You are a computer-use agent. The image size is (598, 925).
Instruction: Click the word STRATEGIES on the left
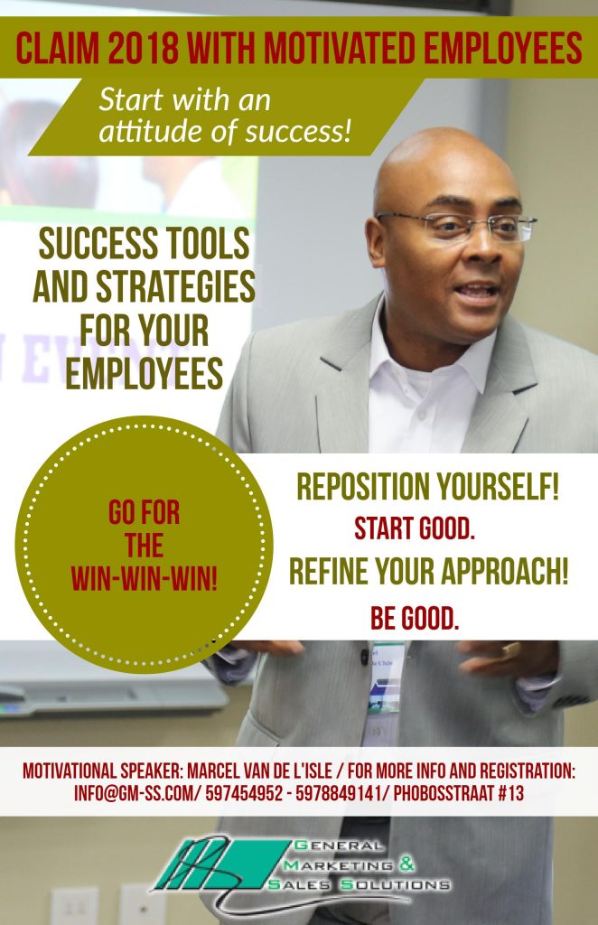coord(175,286)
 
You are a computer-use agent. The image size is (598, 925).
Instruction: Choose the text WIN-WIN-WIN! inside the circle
coord(145,578)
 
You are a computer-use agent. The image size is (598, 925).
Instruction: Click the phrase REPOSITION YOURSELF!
coord(427,487)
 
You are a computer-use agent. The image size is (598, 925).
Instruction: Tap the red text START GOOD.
coord(415,528)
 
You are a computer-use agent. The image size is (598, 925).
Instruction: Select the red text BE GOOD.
coord(415,618)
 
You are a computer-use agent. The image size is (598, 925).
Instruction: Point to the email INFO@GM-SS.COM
coord(133,793)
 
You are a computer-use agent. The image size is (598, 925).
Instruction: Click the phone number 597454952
coord(244,793)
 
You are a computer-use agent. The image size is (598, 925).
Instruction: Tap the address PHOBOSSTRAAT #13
coord(458,793)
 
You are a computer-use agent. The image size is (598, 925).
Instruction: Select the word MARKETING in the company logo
coord(339,865)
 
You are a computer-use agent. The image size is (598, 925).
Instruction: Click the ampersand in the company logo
coord(406,864)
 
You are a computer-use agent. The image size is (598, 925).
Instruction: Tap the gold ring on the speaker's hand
coord(510,650)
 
